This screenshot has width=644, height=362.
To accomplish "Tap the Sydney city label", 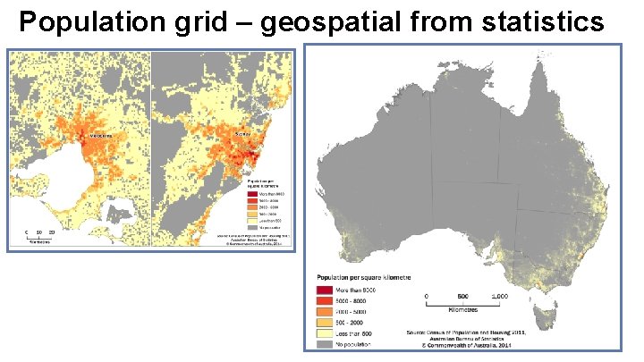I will pos(242,133).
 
